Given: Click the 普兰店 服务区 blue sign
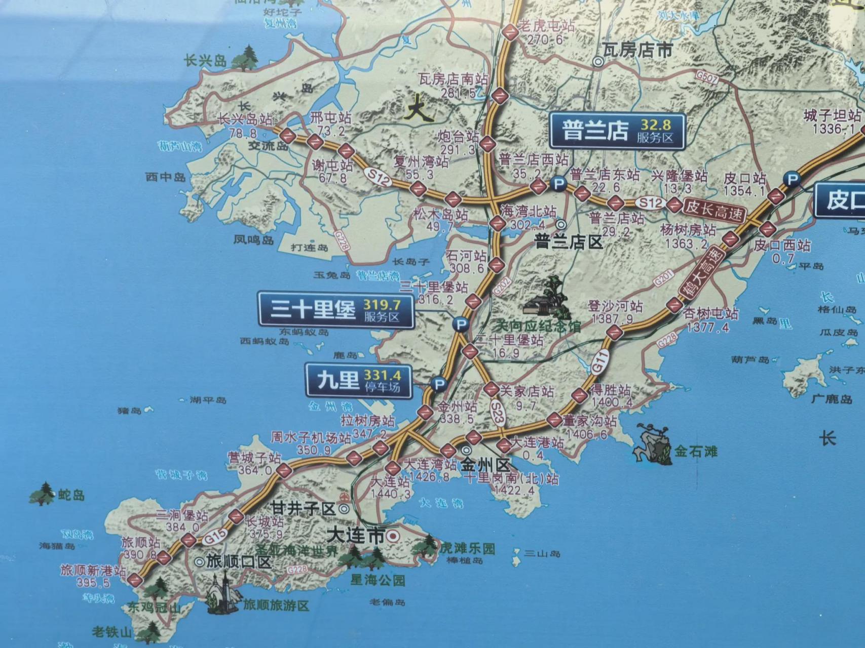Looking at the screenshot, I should (617, 131).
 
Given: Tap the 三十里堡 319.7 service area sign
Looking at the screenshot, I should (335, 309).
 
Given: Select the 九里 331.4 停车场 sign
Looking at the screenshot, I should (358, 381).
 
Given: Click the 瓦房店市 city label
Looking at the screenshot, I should (637, 50).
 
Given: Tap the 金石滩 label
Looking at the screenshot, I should (695, 451).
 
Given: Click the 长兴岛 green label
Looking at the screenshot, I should (205, 61).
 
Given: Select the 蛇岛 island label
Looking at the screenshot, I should (71, 495).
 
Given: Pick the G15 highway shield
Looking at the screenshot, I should (215, 538).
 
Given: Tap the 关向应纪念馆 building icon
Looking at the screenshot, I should (546, 299).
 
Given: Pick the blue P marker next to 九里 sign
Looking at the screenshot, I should (439, 384).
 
